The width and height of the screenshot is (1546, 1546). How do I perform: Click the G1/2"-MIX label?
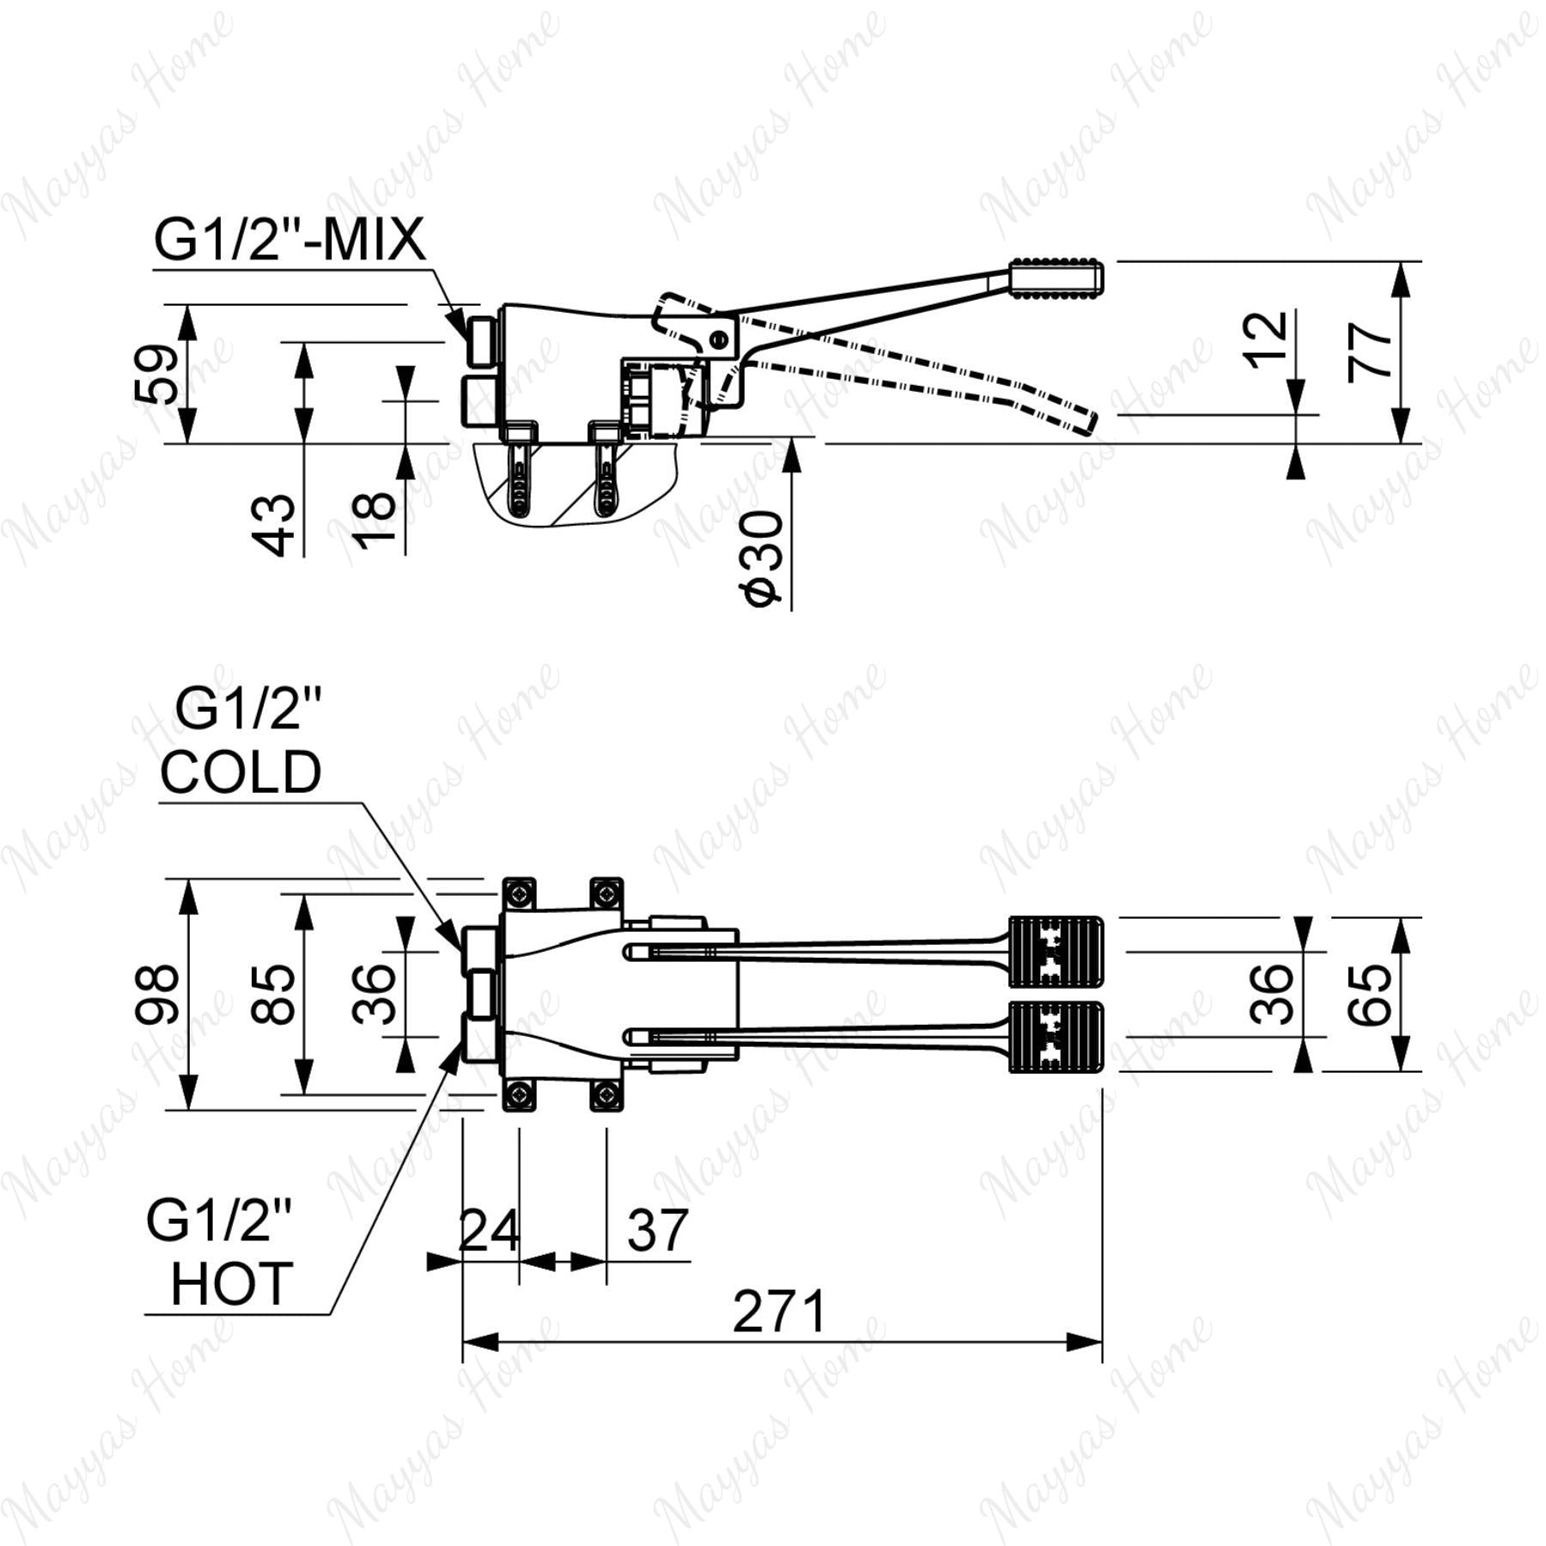pos(289,240)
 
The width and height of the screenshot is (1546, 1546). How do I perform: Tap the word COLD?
pos(240,771)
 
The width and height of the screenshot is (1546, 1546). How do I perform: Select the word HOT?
pos(232,1284)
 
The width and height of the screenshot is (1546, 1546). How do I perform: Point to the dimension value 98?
pos(158,995)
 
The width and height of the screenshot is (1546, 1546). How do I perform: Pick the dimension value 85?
pos(273,995)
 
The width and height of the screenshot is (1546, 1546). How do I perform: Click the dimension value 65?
pos(1370,995)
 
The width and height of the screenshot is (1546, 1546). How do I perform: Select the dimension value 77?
pos(1370,351)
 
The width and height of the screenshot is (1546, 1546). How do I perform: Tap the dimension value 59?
pos(158,374)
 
